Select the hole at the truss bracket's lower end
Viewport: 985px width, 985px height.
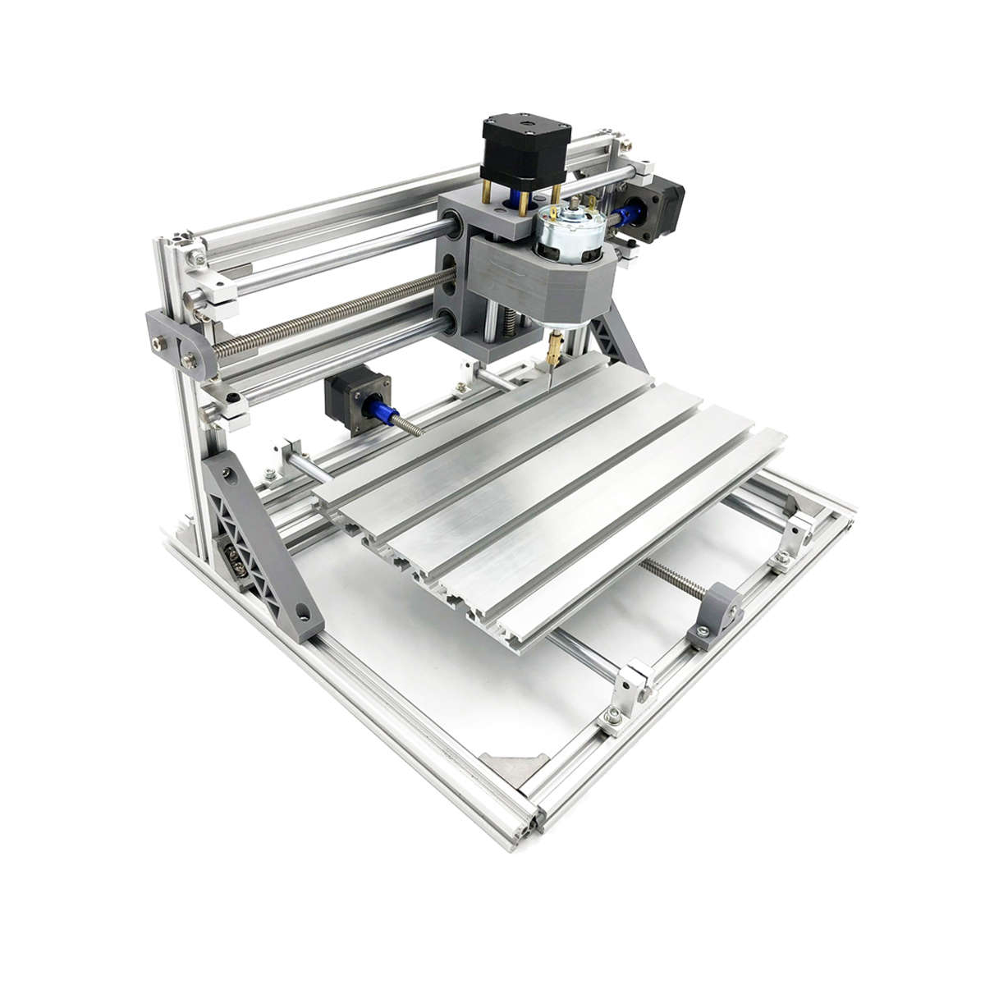(305, 612)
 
